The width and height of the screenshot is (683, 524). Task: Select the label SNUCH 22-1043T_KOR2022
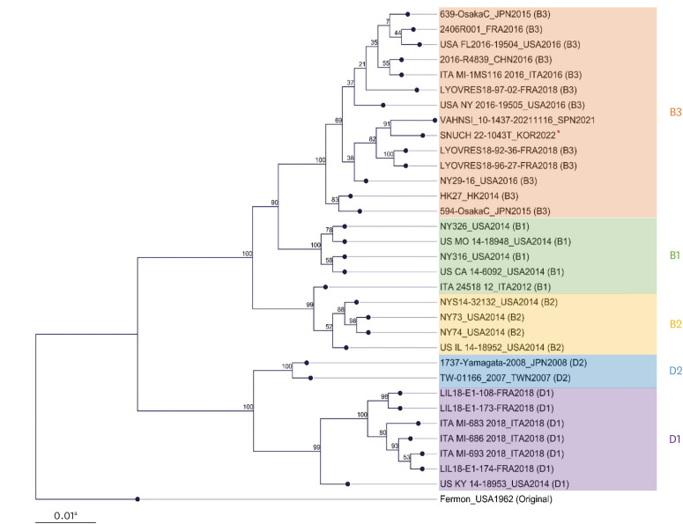click(496, 134)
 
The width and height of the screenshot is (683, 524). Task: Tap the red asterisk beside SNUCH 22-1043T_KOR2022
click(557, 131)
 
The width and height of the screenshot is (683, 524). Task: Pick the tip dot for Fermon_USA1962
click(138, 499)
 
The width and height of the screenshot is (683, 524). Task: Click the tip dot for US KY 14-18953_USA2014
click(350, 483)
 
